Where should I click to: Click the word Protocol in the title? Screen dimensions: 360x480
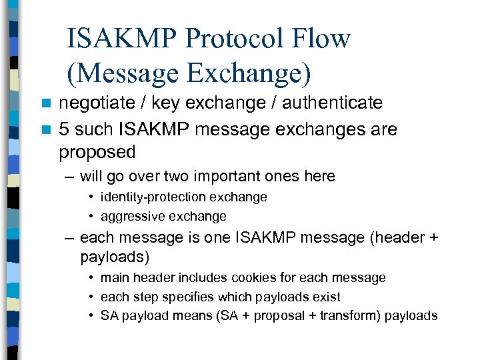point(233,39)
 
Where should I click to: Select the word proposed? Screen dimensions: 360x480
point(97,153)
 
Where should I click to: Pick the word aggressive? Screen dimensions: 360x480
point(130,217)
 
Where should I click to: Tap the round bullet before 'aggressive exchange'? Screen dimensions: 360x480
point(92,217)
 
